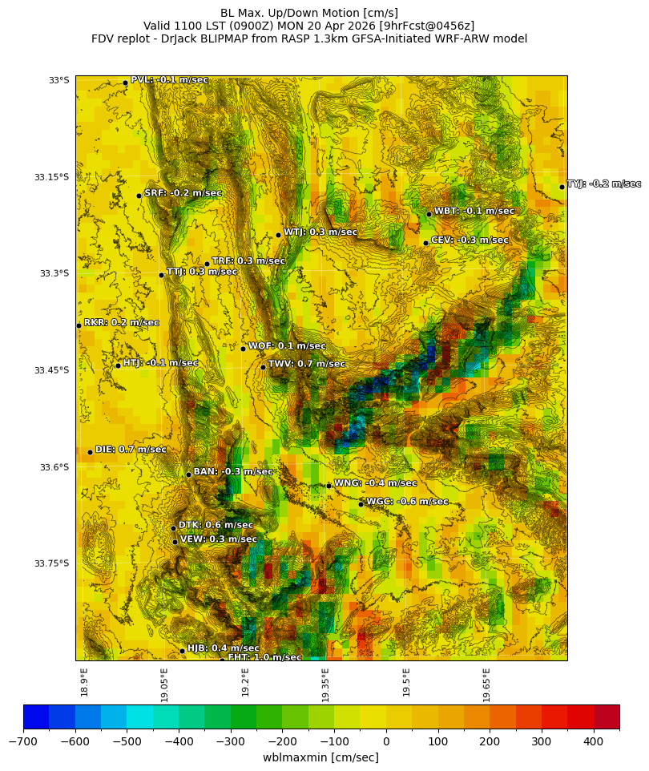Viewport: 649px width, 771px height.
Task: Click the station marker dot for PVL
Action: pos(125,83)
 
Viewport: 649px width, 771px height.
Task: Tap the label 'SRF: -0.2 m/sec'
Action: pos(183,193)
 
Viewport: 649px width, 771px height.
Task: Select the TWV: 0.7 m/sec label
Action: pos(306,364)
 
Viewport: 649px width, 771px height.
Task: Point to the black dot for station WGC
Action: pos(361,504)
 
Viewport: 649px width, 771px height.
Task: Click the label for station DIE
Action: pos(131,450)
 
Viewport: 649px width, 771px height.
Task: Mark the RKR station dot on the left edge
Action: pos(79,325)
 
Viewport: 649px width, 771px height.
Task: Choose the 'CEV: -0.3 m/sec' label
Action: pos(470,240)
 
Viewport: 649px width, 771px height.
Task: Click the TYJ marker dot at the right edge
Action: pos(562,187)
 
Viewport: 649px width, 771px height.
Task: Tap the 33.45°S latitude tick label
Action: pos(51,370)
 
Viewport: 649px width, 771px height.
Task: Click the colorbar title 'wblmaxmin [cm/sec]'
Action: pos(320,757)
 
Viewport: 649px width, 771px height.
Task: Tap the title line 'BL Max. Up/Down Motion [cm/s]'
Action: pos(309,13)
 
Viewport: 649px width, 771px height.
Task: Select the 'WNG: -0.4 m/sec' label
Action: pos(375,483)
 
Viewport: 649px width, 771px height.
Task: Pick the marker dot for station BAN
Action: pos(188,474)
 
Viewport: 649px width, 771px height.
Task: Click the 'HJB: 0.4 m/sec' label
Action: pos(223,648)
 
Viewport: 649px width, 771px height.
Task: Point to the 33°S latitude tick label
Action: pos(58,80)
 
